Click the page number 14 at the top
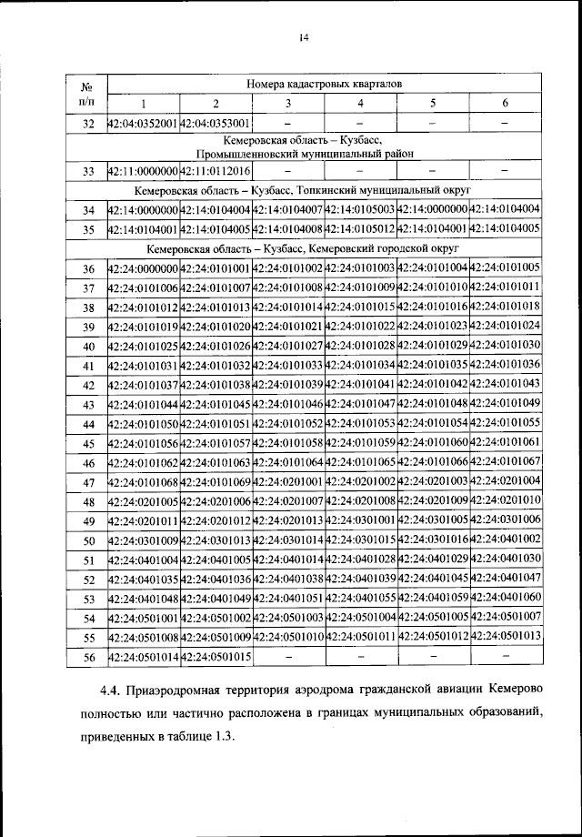(304, 37)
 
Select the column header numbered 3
(288, 103)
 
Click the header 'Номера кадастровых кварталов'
(324, 84)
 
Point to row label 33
(88, 171)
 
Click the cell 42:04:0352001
(144, 123)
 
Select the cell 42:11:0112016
(216, 171)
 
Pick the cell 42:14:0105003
(360, 210)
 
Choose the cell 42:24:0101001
(216, 268)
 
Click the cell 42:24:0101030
(506, 346)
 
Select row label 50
(88, 540)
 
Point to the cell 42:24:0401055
(360, 599)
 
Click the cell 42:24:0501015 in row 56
(216, 657)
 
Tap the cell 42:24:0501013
(506, 637)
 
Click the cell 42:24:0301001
(360, 520)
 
